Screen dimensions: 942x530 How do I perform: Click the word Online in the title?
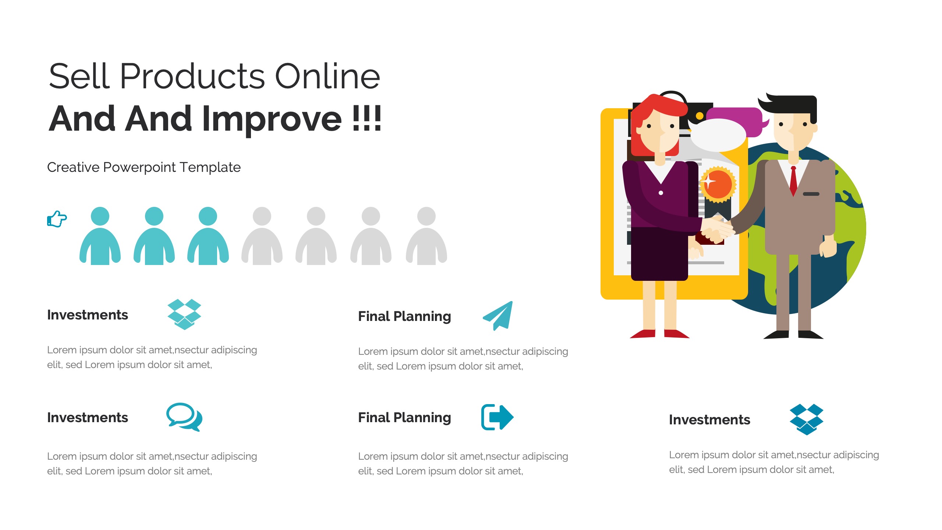coord(327,76)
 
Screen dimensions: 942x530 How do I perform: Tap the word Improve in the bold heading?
coord(272,119)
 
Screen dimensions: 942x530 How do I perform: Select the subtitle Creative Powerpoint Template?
coord(144,167)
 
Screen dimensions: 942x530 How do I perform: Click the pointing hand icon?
coord(57,219)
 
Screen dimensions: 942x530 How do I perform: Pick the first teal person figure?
coord(100,236)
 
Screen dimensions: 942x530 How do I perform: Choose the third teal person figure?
coord(208,236)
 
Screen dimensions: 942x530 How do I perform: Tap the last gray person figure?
coord(426,236)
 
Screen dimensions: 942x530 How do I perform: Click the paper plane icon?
coord(498,316)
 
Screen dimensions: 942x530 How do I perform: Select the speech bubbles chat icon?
coord(184,417)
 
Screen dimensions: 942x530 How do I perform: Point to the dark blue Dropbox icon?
coord(807,419)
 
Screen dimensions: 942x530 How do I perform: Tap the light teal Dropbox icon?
coord(184,314)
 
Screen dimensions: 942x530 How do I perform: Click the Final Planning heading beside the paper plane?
coord(404,317)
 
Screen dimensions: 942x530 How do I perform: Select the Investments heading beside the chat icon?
coord(88,418)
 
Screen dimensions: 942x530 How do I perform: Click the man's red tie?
coord(793,180)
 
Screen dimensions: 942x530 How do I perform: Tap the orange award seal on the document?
coord(718,184)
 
